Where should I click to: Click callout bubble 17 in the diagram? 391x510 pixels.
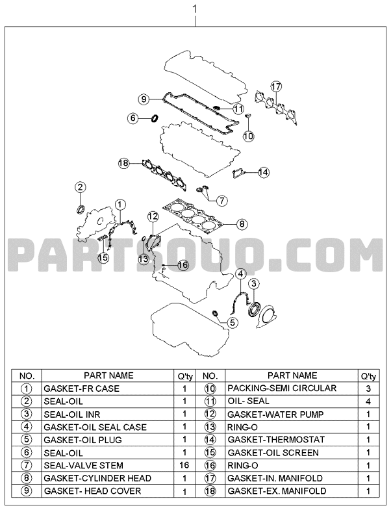point(276,86)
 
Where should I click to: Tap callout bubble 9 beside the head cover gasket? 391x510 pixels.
point(144,99)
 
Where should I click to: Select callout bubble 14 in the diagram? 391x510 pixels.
point(264,172)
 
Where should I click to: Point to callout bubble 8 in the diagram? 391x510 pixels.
point(242,223)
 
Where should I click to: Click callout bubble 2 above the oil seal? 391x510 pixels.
point(81,187)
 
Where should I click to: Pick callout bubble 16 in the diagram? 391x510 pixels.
point(183,265)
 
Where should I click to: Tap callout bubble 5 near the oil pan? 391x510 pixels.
point(233,323)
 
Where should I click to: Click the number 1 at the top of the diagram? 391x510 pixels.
point(195,9)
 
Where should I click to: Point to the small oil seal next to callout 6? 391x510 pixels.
point(155,118)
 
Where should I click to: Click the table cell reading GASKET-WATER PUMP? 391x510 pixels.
point(275,414)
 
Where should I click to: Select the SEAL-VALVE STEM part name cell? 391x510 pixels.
point(84,465)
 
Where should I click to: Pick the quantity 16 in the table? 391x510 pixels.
point(184,465)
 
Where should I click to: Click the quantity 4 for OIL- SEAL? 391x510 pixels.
point(368,402)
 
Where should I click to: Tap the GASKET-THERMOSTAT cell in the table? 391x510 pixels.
point(276,440)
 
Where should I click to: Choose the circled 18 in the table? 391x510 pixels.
point(210,491)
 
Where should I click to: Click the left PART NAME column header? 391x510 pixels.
point(108,376)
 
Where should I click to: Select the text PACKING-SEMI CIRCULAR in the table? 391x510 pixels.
point(282,389)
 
